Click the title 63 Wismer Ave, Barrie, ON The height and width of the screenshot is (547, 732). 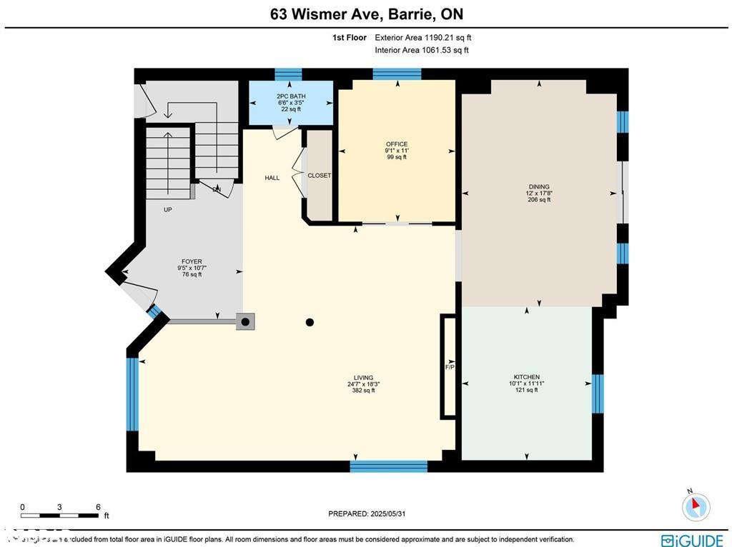pos(365,14)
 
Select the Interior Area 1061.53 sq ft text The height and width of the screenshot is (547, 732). pos(422,50)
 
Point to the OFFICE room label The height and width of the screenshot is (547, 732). pos(396,144)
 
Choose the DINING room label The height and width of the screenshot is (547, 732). pos(539,187)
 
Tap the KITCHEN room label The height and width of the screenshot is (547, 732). pos(526,377)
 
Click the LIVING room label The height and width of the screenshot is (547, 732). pos(363,378)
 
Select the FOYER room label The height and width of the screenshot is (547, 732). pos(192,261)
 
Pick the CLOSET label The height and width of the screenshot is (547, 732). pos(319,176)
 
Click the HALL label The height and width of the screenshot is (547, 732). pos(272,178)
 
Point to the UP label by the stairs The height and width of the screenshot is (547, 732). pos(168,210)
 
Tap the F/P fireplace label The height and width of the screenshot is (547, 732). pos(450,367)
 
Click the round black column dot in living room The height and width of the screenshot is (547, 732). pos(310,323)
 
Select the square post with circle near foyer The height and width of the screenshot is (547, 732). pos(246,322)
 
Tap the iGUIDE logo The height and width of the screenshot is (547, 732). pos(691,541)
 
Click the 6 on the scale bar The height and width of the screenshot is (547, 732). pos(98,507)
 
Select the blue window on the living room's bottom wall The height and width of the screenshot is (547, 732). pos(388,466)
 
